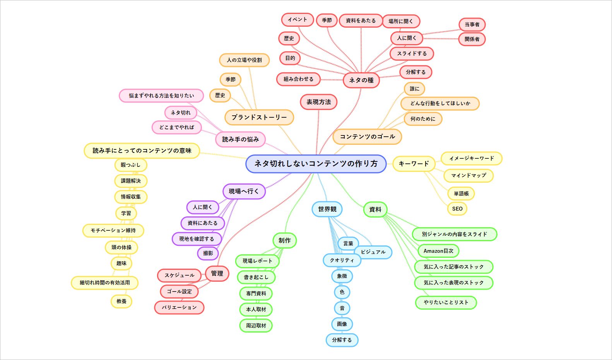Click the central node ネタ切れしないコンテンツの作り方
pos(316,164)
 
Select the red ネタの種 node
pos(361,80)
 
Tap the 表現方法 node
pos(319,102)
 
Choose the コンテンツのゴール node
pos(367,137)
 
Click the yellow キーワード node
pos(414,164)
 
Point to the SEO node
pos(457,209)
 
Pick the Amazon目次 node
pos(438,251)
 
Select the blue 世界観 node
pos(327,209)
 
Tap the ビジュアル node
pos(373,252)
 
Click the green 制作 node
pos(285,240)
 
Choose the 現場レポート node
pos(257,261)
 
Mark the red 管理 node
pos(217,273)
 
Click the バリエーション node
pos(179,307)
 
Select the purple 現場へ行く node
pos(244,191)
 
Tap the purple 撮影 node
pos(208,253)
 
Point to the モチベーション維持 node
pos(113,230)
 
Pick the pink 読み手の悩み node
pos(240,139)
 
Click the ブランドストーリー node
pos(259,117)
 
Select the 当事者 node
pos(472,24)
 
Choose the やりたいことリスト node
pos(446,302)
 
